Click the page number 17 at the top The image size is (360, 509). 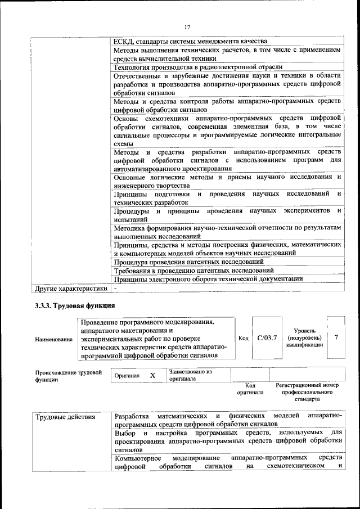[187, 26]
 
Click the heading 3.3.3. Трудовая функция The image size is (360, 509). [75, 306]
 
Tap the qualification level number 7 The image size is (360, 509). [336, 337]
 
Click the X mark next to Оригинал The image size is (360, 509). [152, 375]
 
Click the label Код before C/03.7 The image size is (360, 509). [244, 338]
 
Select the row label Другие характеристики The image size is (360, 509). [71, 289]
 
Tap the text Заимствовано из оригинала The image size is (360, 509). [190, 375]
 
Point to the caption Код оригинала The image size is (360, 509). [250, 389]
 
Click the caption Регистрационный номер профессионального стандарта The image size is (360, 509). [307, 392]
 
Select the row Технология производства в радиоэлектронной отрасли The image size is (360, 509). [197, 67]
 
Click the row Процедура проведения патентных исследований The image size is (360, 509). [188, 262]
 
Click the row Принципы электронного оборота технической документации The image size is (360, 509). [208, 279]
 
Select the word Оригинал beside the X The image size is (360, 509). [127, 376]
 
